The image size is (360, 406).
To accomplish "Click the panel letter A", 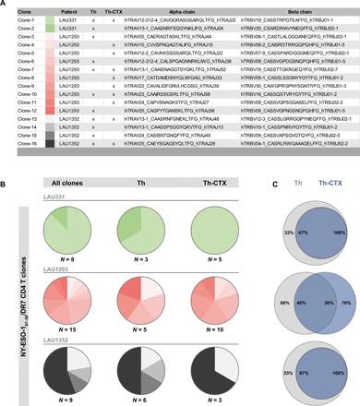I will point(6,5).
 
